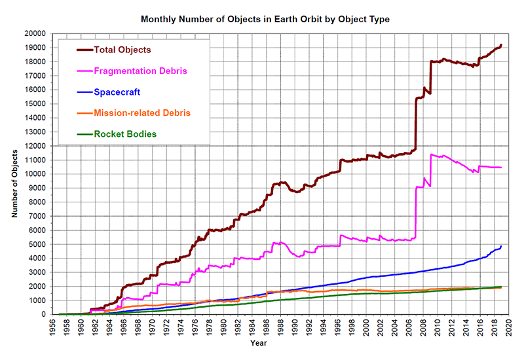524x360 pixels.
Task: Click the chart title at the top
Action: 265,20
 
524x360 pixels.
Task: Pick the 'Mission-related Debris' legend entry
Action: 142,113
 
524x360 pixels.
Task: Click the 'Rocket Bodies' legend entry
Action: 125,135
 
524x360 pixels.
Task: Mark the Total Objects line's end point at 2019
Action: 501,45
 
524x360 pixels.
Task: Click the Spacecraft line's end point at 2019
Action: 501,247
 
